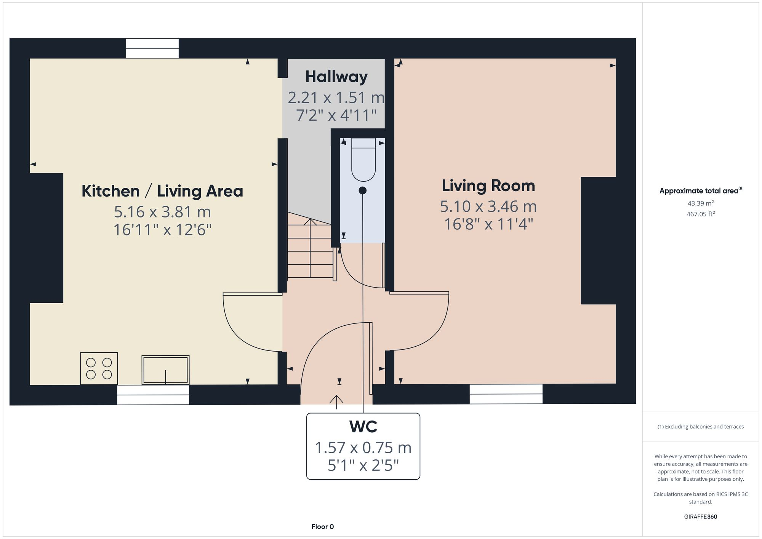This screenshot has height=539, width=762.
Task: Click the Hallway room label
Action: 336,77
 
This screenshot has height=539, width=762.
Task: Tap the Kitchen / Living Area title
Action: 162,191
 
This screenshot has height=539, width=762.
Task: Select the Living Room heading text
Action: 488,186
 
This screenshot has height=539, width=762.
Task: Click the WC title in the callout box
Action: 363,427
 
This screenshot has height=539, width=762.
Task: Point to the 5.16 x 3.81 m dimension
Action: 162,212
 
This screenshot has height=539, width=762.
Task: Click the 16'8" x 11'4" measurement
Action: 488,224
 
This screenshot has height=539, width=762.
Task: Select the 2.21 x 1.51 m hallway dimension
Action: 336,98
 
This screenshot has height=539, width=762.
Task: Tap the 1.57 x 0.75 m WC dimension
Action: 363,448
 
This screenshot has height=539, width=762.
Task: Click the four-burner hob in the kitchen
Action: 99,368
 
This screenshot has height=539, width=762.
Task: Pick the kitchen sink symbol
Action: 165,370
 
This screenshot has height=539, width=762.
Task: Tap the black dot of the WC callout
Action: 363,190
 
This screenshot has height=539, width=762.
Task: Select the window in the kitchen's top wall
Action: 152,48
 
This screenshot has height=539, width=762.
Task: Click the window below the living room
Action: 506,394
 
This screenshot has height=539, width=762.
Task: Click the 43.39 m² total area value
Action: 700,203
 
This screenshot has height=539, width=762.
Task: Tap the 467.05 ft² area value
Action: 700,214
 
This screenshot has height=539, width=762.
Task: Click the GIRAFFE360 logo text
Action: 700,517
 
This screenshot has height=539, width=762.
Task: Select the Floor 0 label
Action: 322,526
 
